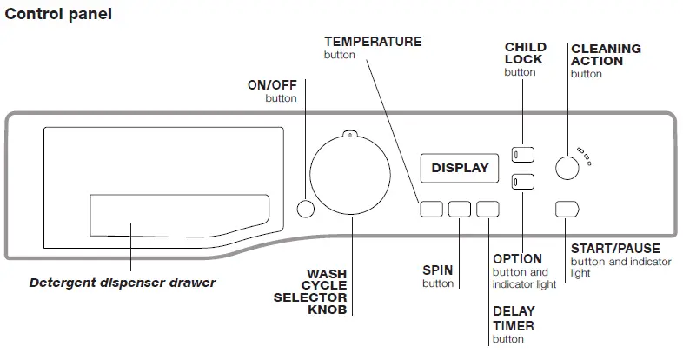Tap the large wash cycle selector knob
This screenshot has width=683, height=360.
point(350,175)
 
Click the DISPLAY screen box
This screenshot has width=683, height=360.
point(460,168)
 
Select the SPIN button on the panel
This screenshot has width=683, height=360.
point(460,209)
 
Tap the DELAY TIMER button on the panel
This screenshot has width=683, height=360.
point(488,209)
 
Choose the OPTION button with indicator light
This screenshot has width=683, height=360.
point(522,182)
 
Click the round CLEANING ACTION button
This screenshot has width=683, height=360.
point(567,167)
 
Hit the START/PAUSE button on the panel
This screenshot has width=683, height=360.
point(567,209)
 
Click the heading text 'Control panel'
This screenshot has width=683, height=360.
point(59,15)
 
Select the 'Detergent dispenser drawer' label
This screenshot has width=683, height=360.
point(123,283)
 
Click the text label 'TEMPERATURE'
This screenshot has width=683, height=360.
point(373,42)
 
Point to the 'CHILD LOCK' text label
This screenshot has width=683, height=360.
point(525,53)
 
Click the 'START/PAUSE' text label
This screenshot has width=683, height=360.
point(615,249)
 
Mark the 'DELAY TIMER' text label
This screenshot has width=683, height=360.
point(513,318)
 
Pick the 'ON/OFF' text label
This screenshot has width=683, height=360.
point(272,84)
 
